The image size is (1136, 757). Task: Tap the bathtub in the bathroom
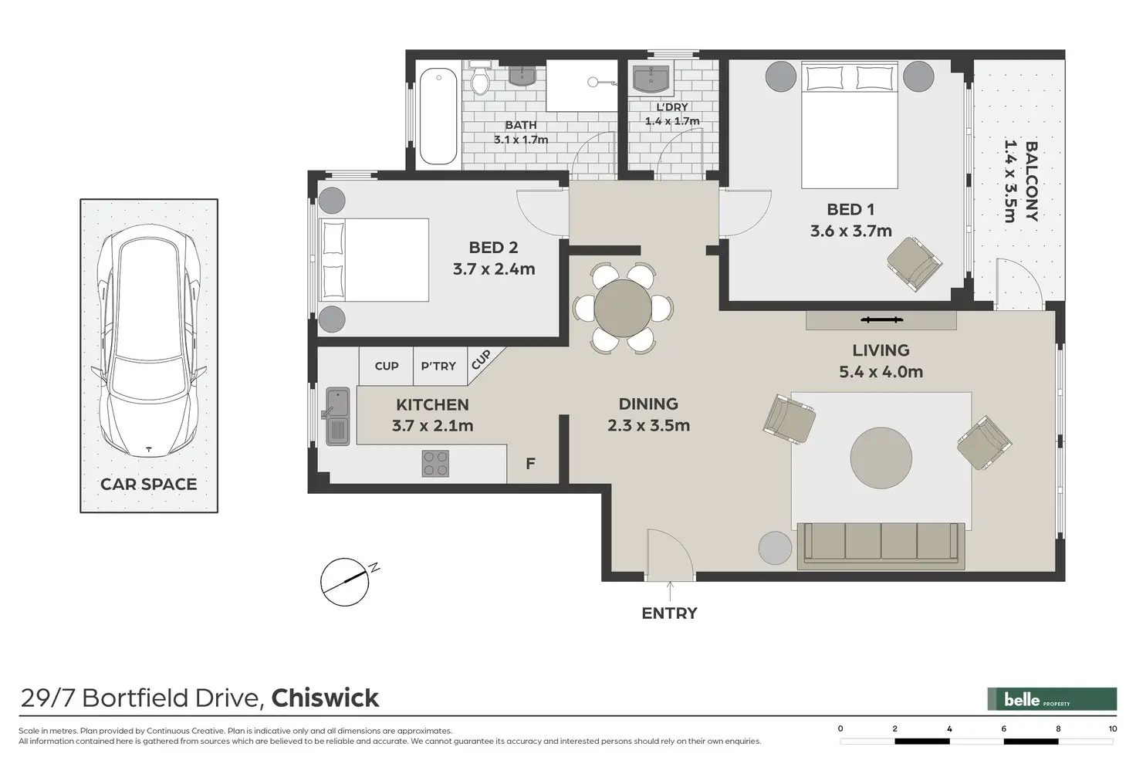pyautogui.click(x=438, y=116)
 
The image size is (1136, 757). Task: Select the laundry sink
pyautogui.click(x=651, y=79)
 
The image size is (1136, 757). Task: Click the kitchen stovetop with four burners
pyautogui.click(x=435, y=464)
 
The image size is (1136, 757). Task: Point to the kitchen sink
pyautogui.click(x=337, y=416)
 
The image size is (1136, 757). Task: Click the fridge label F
pyautogui.click(x=530, y=464)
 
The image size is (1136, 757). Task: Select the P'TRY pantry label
pyautogui.click(x=438, y=366)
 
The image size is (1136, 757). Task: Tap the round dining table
pyautogui.click(x=623, y=308)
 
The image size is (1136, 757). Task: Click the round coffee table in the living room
pyautogui.click(x=881, y=458)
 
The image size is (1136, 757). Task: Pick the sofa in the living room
pyautogui.click(x=881, y=546)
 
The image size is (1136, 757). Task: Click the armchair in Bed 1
pyautogui.click(x=915, y=264)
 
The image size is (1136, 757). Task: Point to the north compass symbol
pyautogui.click(x=347, y=583)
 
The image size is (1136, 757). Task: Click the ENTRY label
pyautogui.click(x=669, y=613)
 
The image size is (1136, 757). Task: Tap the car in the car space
pyautogui.click(x=149, y=341)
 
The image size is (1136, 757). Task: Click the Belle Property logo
pyautogui.click(x=1052, y=699)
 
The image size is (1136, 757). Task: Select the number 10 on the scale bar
pyautogui.click(x=1113, y=728)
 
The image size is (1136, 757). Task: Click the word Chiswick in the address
pyautogui.click(x=325, y=698)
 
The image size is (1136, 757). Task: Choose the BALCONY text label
pyautogui.click(x=1032, y=181)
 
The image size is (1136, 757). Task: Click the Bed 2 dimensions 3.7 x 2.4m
pyautogui.click(x=494, y=269)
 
